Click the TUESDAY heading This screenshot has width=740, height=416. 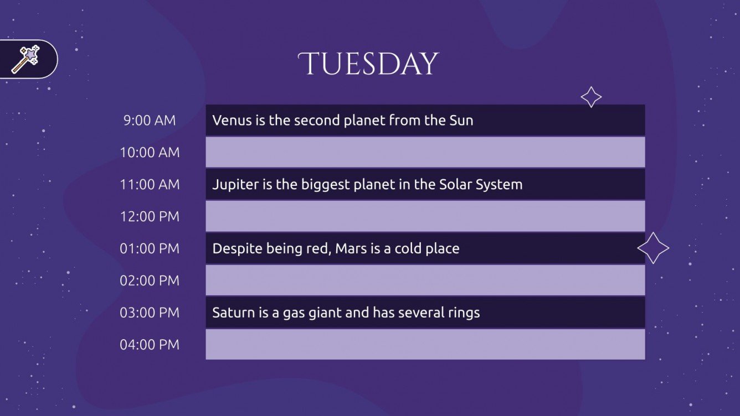(368, 64)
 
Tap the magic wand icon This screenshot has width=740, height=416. (25, 59)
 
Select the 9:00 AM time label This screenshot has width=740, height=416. (150, 121)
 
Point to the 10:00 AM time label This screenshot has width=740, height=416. (150, 153)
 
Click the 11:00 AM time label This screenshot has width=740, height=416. (150, 184)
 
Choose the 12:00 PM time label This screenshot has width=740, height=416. (150, 216)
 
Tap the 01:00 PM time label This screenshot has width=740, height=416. (150, 248)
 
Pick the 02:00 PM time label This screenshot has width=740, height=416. (150, 280)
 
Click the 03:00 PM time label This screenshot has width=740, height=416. (150, 313)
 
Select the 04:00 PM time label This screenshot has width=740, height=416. (150, 345)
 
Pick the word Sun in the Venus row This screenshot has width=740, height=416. (461, 121)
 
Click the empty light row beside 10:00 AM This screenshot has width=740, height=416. (425, 153)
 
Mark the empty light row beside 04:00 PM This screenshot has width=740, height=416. (425, 345)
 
